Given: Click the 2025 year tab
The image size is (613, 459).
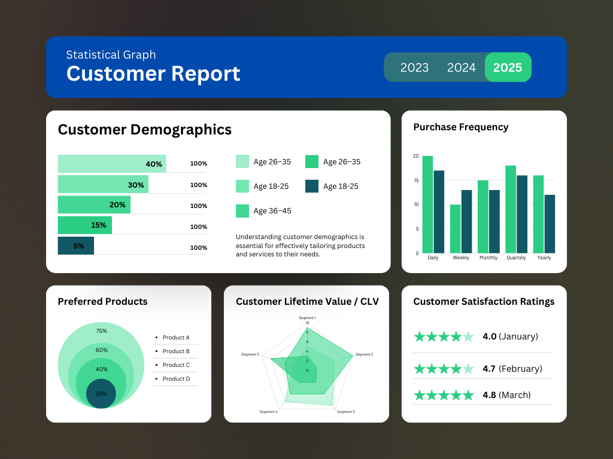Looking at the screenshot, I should tap(508, 68).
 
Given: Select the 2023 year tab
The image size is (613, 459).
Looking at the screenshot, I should tap(414, 68).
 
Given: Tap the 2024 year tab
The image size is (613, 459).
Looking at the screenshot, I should tap(461, 68).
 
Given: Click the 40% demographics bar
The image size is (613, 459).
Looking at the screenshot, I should tap(111, 164).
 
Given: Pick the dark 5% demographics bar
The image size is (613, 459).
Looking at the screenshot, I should tap(75, 246).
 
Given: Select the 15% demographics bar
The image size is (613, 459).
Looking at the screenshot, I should tap(84, 225).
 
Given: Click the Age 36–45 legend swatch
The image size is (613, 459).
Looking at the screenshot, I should tap(242, 211).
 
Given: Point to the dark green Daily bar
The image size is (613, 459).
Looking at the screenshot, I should tap(439, 212).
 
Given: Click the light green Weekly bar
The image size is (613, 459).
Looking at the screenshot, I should tap(455, 228).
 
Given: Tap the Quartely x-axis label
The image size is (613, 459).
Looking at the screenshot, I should tap(516, 258).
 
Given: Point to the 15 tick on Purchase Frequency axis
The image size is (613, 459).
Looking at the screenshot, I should tap(416, 180).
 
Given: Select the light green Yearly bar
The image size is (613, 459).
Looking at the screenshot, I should tap(538, 214).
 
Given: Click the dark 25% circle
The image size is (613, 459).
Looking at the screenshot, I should tap(101, 393).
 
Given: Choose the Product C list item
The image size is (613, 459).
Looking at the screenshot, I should tap(176, 365).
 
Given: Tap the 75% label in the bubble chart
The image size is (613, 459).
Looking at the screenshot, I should tap(101, 331).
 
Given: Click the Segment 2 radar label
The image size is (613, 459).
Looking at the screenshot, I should tap(364, 354).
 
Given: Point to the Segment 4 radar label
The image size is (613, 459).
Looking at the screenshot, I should tap(268, 412).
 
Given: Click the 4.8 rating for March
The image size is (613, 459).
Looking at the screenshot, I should tap(489, 395).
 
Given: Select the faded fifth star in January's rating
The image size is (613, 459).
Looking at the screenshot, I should tap(468, 336).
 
